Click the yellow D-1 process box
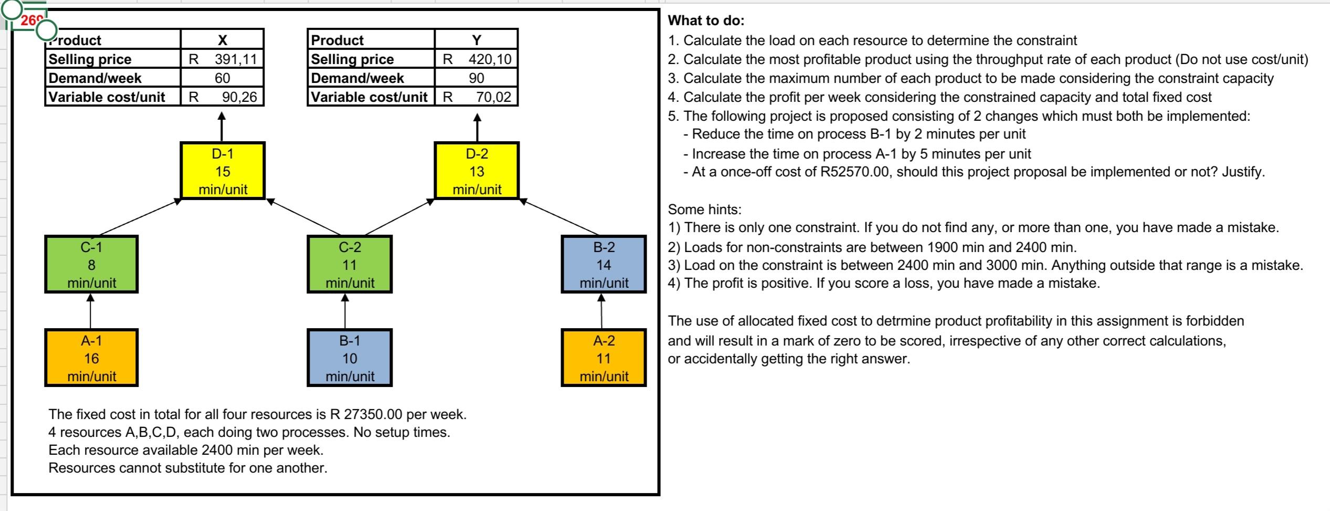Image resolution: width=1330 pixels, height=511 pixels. tap(223, 171)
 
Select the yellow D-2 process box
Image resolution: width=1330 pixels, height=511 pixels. tap(477, 171)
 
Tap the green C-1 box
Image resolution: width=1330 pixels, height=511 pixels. tap(91, 265)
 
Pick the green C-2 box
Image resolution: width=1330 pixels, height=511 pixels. tap(350, 265)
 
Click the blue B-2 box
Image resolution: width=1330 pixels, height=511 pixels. tap(604, 265)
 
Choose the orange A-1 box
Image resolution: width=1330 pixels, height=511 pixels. tap(91, 358)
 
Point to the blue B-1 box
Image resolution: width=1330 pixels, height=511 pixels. tap(350, 358)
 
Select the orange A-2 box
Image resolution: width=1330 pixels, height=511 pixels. tap(604, 358)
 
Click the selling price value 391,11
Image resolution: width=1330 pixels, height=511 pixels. tap(235, 59)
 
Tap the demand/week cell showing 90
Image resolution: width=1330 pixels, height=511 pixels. tap(476, 78)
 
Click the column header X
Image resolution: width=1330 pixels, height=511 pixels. tap(223, 40)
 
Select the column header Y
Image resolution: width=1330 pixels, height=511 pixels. tap(476, 40)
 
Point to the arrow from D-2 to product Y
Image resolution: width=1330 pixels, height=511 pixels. tap(477, 127)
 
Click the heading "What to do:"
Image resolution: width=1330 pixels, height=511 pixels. tap(706, 21)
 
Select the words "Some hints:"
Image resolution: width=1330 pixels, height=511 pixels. tap(704, 210)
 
